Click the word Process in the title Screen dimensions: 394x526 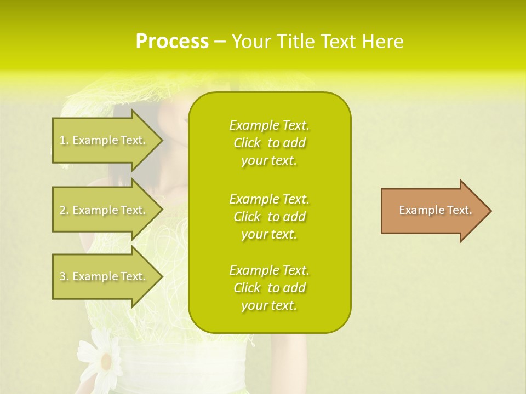coord(172,42)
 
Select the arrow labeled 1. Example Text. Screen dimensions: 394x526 coord(104,140)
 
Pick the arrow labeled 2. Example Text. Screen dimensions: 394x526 coord(104,210)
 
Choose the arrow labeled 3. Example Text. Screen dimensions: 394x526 coord(104,276)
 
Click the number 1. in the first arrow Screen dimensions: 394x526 coord(64,140)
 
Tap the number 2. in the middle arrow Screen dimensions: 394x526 coord(64,210)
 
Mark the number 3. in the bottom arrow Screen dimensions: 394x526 coord(64,276)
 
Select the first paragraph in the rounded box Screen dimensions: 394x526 coord(269,143)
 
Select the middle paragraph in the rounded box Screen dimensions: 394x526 coord(269,217)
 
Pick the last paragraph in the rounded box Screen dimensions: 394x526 coord(269,288)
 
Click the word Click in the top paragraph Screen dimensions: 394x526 coord(247,143)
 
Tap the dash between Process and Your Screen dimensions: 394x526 coord(220,42)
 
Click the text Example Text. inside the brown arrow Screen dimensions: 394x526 coord(435,210)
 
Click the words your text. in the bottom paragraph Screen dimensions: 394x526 coord(269,306)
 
